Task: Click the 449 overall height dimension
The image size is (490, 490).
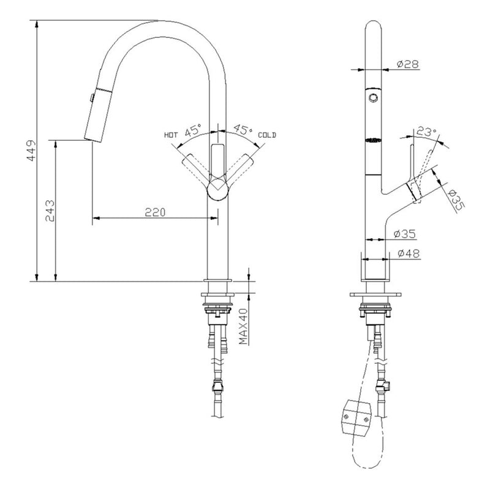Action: point(32,150)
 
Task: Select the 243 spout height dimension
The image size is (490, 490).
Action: point(50,211)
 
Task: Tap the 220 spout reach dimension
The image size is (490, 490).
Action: point(155,212)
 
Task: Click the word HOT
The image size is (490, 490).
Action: point(171,135)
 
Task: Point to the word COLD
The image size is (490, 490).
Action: point(267,135)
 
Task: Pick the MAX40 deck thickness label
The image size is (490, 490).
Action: point(243,326)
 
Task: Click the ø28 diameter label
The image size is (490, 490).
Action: point(407,64)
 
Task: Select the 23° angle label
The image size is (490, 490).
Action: point(426,132)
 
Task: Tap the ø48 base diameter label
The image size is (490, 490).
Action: point(409,254)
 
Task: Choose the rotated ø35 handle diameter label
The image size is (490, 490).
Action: point(456,201)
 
